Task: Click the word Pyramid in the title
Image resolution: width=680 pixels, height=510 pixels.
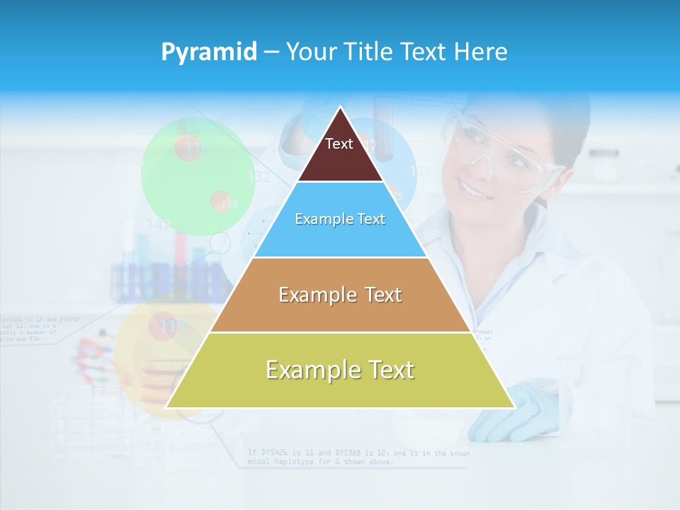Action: click(x=209, y=52)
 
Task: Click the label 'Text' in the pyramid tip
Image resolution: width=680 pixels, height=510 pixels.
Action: click(x=339, y=144)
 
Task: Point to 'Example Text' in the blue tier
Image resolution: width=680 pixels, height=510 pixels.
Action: click(x=340, y=219)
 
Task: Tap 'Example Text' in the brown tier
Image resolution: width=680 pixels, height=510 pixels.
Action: click(x=340, y=295)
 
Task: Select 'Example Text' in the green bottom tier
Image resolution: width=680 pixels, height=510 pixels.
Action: click(x=340, y=370)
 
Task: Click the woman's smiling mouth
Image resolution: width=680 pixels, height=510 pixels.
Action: click(x=471, y=190)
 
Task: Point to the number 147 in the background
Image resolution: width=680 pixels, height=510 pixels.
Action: click(x=159, y=225)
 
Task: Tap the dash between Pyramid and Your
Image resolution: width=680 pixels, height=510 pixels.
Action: click(x=271, y=52)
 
